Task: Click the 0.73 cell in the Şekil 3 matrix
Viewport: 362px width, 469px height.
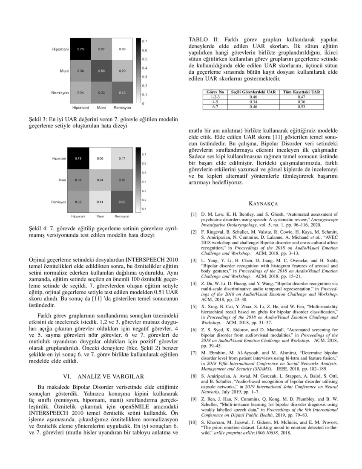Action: click(x=80, y=49)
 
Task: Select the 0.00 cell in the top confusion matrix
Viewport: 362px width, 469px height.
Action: click(x=122, y=49)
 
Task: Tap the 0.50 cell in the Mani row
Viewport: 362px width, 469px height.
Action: click(x=101, y=70)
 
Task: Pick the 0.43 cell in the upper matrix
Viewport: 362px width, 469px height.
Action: click(x=122, y=92)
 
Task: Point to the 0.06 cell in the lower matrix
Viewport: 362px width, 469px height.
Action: click(x=101, y=159)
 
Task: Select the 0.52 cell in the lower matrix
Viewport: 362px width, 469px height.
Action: click(x=122, y=202)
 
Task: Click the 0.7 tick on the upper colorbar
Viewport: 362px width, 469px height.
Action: click(x=145, y=41)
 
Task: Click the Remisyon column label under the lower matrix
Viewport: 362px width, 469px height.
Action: click(x=122, y=217)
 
